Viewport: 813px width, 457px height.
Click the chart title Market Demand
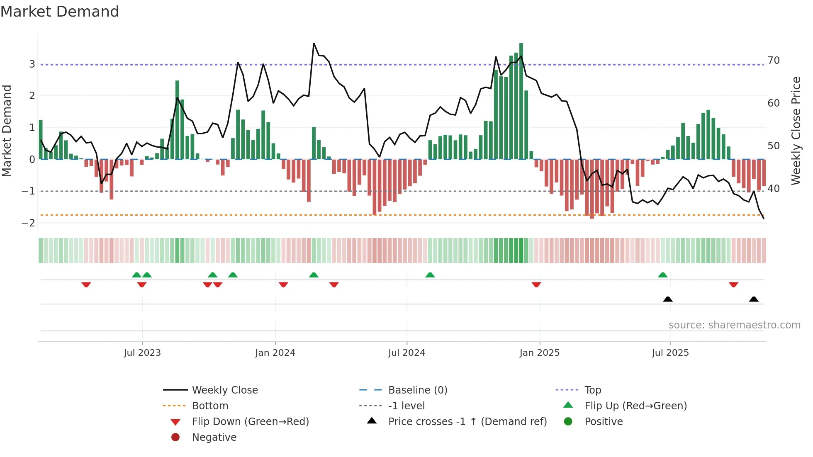coord(60,12)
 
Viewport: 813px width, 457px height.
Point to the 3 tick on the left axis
coord(32,64)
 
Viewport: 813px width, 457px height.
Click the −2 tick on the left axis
coord(29,223)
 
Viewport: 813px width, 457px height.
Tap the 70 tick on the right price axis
coord(774,61)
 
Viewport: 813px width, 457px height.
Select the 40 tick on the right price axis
coord(774,189)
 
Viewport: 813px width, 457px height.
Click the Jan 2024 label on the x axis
coord(275,353)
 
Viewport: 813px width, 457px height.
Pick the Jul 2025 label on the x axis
coord(670,353)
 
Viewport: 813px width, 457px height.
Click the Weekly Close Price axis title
coord(796,131)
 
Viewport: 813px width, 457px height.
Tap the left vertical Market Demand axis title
coord(7,131)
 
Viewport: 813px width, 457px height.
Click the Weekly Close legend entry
coord(224,390)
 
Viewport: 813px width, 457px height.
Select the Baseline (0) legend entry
coord(417,390)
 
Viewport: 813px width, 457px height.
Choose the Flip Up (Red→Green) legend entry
coord(635,406)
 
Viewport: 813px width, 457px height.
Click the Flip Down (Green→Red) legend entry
coord(250,422)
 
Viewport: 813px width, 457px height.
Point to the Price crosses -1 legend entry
coord(467,422)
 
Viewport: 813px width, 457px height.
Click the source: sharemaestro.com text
coord(734,325)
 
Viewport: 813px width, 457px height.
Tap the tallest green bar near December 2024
coord(521,100)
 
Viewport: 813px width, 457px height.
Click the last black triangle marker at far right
coord(754,299)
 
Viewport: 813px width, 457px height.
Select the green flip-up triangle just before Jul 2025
coord(662,275)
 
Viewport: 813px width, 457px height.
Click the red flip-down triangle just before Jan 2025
coord(536,284)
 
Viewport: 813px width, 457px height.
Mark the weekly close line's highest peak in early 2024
coord(314,44)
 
